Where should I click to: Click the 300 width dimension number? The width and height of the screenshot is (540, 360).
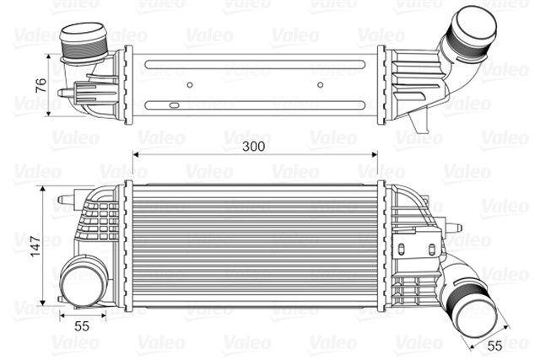click(253, 145)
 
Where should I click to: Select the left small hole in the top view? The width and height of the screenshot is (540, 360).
click(191, 84)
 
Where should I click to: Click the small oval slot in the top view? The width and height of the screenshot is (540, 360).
click(173, 106)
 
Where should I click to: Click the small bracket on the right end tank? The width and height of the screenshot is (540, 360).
click(403, 250)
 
